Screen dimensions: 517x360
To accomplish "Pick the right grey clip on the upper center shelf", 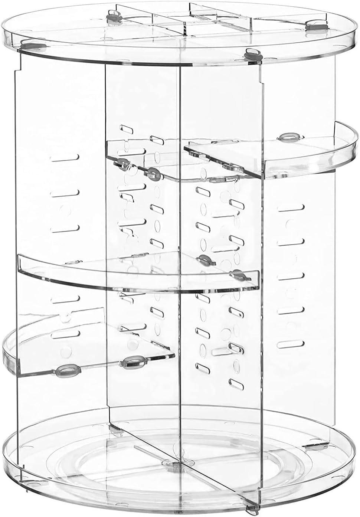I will click(x=153, y=172).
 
